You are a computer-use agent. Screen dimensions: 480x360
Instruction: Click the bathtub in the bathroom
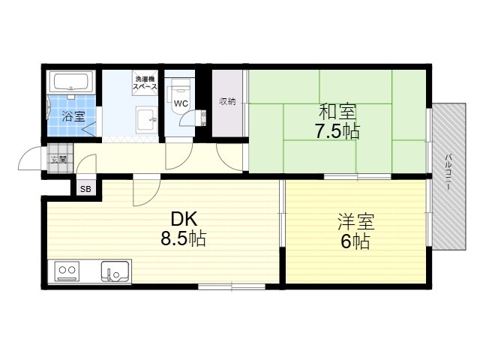(x=71, y=82)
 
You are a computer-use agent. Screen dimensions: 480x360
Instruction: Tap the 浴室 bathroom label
(x=73, y=116)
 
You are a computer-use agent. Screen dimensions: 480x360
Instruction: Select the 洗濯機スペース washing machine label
(x=145, y=82)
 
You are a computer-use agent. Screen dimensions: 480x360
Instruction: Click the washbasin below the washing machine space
(x=147, y=120)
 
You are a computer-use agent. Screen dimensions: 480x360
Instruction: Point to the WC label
(x=181, y=103)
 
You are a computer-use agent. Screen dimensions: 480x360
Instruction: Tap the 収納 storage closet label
(x=227, y=101)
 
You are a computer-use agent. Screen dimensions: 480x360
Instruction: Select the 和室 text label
(x=337, y=112)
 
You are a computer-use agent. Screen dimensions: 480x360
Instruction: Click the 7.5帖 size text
(x=337, y=131)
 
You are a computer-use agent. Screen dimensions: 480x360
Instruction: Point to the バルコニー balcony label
(x=448, y=172)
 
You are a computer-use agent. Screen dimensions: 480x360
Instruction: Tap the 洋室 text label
(x=355, y=222)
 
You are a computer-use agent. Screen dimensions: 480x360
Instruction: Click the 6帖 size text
(x=355, y=241)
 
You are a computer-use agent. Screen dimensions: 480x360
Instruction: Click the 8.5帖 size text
(x=183, y=238)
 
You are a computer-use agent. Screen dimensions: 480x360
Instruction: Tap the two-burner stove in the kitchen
(x=67, y=271)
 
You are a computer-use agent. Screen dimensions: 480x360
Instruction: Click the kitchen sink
(x=115, y=271)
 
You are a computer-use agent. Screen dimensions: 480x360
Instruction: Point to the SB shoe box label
(x=85, y=189)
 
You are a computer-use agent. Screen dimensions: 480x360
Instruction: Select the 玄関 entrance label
(x=58, y=160)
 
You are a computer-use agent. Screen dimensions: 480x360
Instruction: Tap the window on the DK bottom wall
(x=232, y=286)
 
